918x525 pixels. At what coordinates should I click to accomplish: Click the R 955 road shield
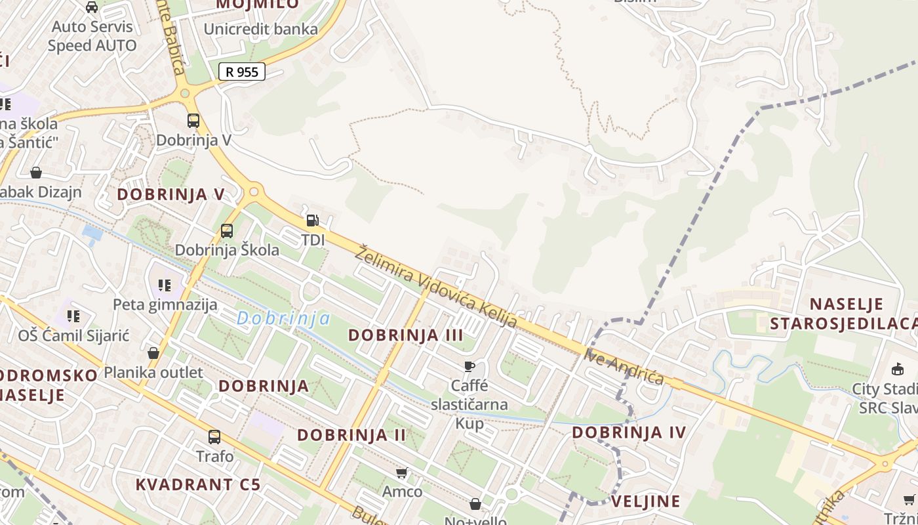241,72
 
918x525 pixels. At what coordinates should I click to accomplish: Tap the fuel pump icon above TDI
313,220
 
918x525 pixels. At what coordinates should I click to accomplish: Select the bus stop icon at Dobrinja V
193,121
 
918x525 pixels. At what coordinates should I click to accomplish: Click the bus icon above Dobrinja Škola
227,231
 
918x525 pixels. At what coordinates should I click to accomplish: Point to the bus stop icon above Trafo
214,437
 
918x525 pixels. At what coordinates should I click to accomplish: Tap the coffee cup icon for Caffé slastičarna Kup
469,366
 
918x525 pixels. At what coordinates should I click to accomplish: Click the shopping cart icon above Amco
402,472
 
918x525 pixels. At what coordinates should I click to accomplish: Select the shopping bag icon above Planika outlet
153,353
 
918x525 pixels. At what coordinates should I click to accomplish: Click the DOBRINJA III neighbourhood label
405,335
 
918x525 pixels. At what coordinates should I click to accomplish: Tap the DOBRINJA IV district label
629,432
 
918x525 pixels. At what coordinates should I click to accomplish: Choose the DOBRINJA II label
351,434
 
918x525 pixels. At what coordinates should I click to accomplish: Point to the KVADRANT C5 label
198,485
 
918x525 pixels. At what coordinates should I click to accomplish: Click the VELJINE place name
646,501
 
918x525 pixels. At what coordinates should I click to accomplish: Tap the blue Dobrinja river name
283,318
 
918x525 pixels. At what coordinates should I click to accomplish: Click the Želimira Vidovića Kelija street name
435,287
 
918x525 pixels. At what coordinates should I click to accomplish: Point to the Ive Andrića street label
624,367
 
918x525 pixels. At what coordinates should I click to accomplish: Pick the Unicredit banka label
260,29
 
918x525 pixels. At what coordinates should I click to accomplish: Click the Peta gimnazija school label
165,304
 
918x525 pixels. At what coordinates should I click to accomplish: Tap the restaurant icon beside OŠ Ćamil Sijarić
73,316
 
